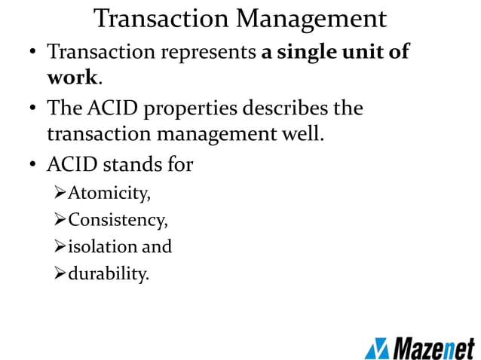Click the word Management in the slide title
311,18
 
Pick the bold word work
72,78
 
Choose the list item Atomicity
109,195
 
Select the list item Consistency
118,221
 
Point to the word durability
109,273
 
